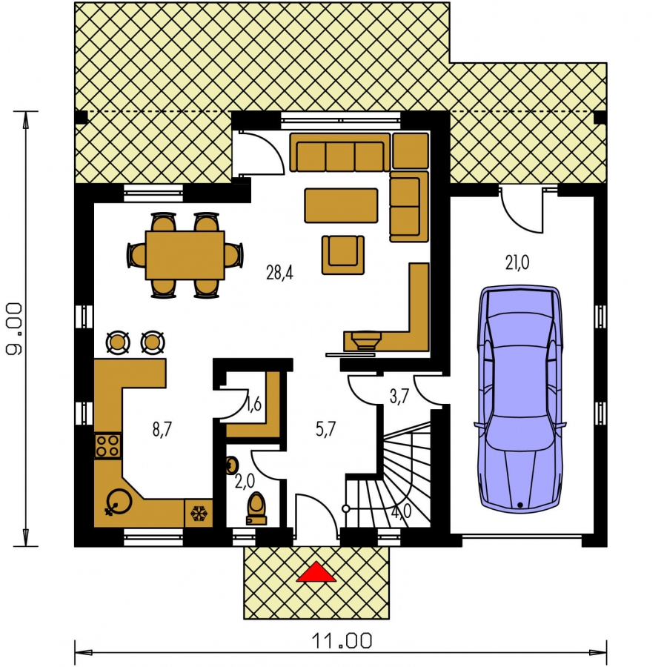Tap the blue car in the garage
click(x=519, y=399)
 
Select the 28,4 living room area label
click(x=279, y=272)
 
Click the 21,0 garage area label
click(x=517, y=262)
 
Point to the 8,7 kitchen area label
click(x=162, y=429)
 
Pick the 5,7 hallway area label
click(x=326, y=429)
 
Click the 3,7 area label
click(x=399, y=396)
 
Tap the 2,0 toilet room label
click(x=245, y=481)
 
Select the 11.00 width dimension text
click(x=342, y=640)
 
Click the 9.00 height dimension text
click(x=14, y=328)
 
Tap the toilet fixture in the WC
click(x=256, y=508)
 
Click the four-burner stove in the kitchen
click(x=107, y=445)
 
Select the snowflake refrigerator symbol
click(x=199, y=514)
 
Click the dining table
click(x=185, y=255)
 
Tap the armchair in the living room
click(x=343, y=255)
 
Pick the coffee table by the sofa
click(x=341, y=205)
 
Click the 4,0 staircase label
click(x=401, y=511)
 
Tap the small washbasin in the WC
click(x=231, y=465)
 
